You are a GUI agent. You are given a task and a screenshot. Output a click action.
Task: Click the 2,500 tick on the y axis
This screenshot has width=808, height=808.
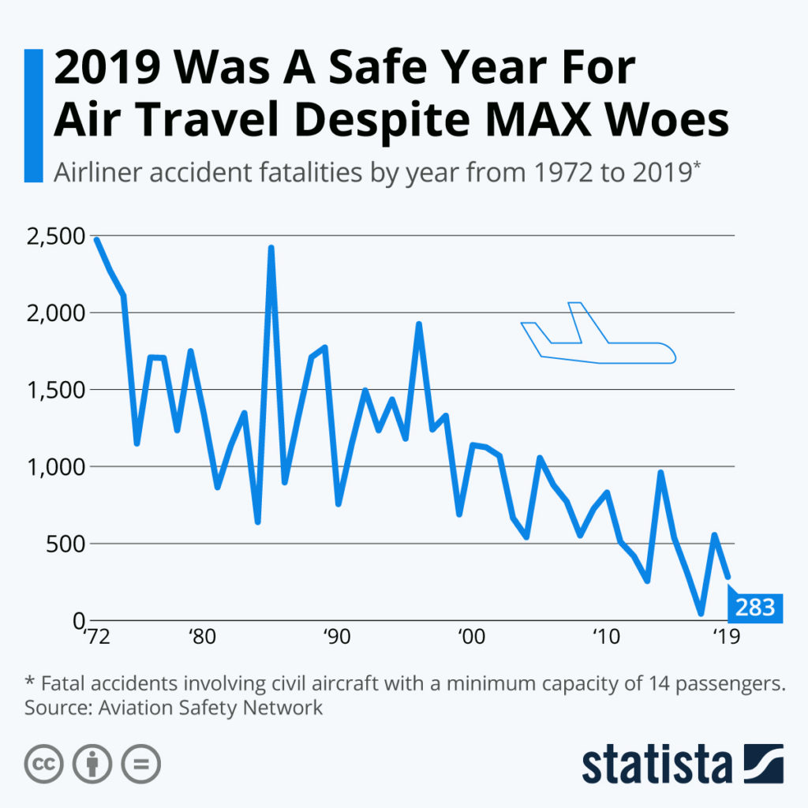(54, 236)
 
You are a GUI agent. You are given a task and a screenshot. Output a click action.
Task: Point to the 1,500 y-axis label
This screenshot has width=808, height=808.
(54, 390)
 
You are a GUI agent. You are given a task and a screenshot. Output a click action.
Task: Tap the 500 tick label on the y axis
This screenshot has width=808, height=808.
(66, 544)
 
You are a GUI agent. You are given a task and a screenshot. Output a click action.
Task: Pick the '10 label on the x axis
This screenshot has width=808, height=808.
(604, 636)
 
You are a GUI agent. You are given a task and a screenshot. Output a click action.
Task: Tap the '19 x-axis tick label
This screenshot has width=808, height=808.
(725, 636)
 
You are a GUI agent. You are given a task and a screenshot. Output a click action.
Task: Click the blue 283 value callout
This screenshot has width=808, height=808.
(754, 608)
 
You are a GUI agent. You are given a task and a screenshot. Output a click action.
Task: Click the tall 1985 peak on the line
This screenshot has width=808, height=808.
(271, 249)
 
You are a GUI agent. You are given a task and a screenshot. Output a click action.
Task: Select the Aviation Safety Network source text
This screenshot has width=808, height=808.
(211, 707)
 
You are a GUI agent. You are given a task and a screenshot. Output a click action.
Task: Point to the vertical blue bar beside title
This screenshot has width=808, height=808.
(34, 115)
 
